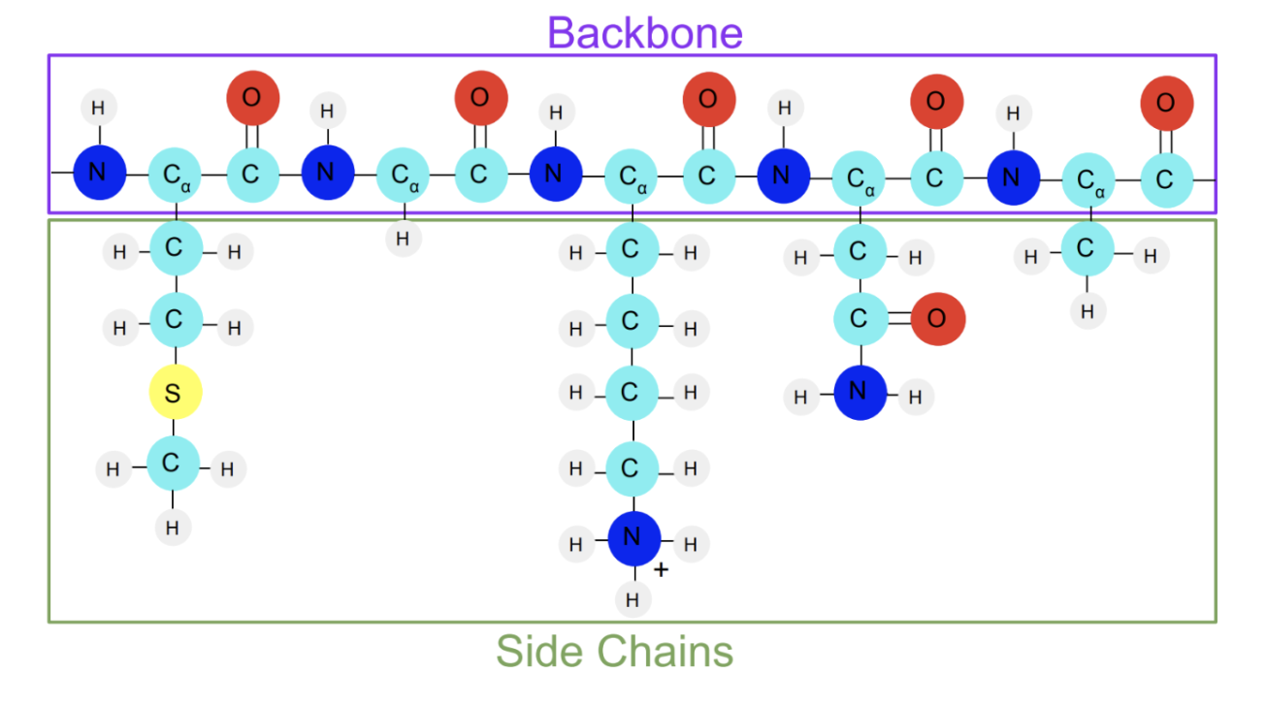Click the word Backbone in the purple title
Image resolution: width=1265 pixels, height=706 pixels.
(x=645, y=32)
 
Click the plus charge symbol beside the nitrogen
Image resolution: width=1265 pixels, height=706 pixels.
(x=661, y=570)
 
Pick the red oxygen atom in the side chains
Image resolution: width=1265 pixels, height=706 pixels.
(x=937, y=318)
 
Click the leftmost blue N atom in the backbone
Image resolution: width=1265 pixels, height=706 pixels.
(x=99, y=174)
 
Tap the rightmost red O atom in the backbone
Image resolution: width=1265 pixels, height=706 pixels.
(x=1165, y=103)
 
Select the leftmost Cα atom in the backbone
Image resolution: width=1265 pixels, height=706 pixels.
(x=176, y=176)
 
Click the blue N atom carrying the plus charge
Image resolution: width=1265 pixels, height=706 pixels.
(x=633, y=537)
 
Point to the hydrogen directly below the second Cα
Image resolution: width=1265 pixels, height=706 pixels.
(x=404, y=238)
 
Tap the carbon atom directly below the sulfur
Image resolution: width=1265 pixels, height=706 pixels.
(x=173, y=465)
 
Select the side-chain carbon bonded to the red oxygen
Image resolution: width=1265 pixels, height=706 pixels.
(x=860, y=318)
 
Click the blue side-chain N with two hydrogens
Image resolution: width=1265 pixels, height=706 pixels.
(x=860, y=392)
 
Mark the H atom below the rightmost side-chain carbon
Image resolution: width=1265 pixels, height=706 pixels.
(x=1087, y=312)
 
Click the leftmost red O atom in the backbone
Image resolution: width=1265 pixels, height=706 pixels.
(x=252, y=97)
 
